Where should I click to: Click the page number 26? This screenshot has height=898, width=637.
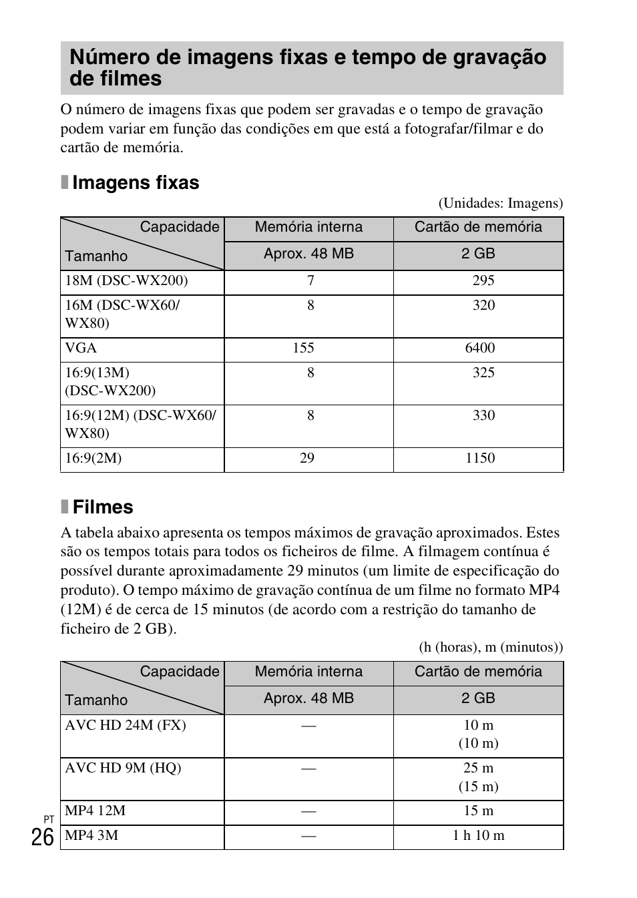(x=42, y=837)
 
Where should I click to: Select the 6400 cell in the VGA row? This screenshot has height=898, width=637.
(x=480, y=348)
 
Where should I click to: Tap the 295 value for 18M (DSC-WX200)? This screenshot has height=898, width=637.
(x=483, y=280)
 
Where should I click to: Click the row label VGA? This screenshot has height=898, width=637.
(x=81, y=348)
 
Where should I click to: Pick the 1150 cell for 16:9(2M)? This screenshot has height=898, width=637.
(x=480, y=458)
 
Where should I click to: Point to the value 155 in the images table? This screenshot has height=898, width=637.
(x=303, y=348)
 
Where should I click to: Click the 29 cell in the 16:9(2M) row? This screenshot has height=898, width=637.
(x=306, y=458)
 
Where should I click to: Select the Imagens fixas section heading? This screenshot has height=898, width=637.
(x=136, y=183)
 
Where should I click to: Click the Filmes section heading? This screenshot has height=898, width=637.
(x=103, y=507)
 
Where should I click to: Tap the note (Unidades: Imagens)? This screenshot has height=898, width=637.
(x=500, y=203)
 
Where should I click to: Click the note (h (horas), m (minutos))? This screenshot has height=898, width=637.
(x=491, y=647)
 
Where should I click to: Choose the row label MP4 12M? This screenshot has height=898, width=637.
(x=95, y=811)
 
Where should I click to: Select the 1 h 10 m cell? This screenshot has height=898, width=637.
(x=478, y=835)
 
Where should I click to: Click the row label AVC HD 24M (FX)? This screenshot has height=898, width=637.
(x=126, y=725)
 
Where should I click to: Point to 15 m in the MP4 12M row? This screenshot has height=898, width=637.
(x=478, y=811)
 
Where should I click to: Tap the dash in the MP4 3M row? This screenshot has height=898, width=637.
(x=308, y=836)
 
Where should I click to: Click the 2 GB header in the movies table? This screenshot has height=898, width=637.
(x=478, y=698)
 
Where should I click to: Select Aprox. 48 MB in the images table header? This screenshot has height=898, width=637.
(x=308, y=254)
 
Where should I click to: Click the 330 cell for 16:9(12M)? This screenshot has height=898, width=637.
(x=483, y=415)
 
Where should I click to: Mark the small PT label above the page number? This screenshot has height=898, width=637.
(x=49, y=819)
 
